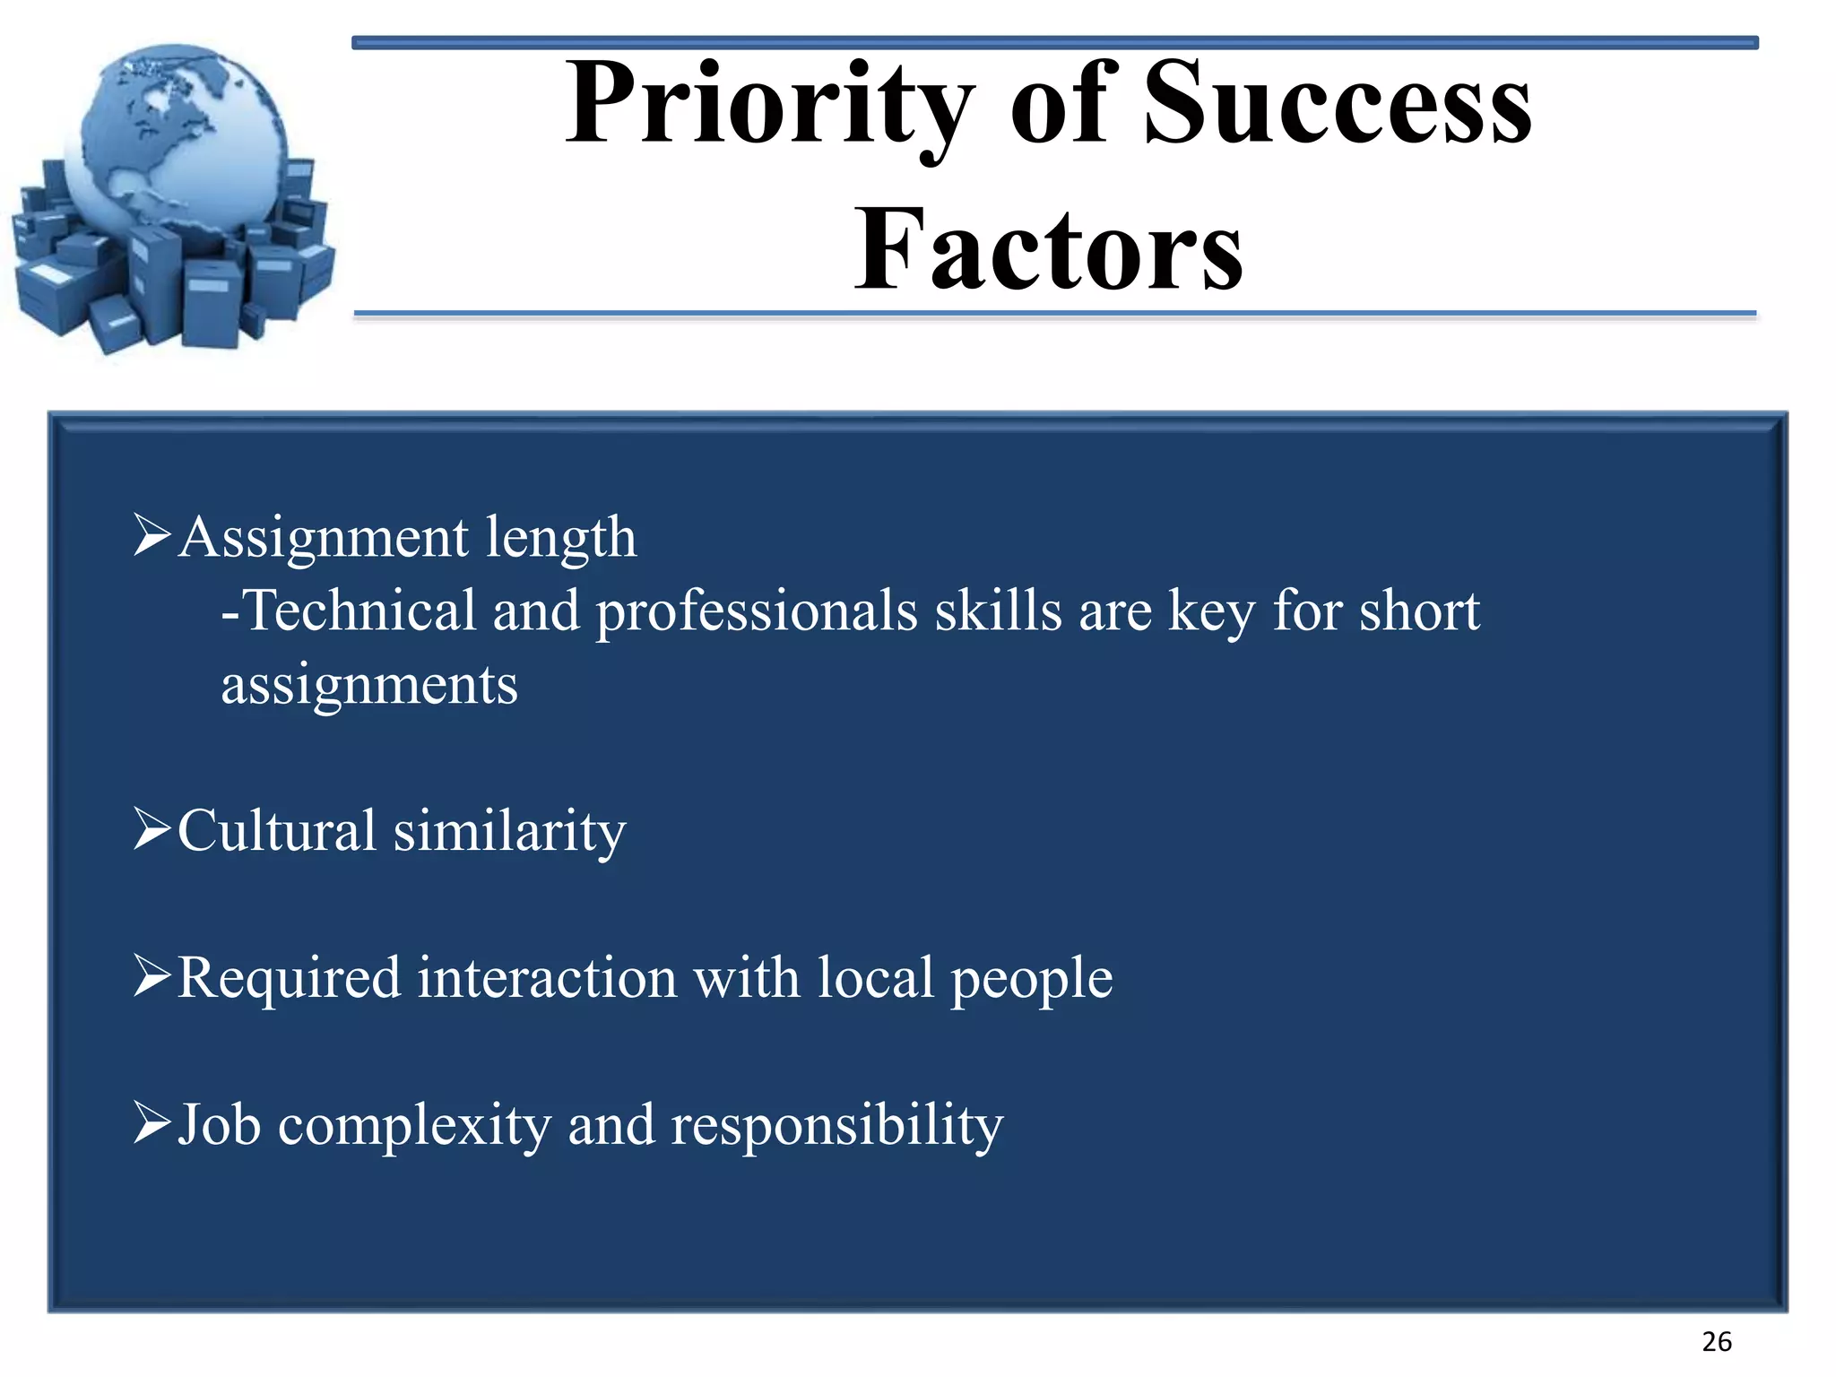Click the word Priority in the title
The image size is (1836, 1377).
click(769, 106)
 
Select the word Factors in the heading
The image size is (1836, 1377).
click(1048, 250)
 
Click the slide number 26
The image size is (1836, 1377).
click(1716, 1342)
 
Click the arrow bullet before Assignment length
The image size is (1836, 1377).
click(152, 535)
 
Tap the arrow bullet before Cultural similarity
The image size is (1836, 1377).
click(152, 828)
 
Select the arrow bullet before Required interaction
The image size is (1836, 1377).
click(152, 975)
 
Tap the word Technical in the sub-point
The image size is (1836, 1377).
click(359, 611)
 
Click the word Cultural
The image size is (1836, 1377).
click(276, 830)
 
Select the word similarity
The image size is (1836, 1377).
click(509, 832)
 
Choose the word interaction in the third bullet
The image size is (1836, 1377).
click(547, 977)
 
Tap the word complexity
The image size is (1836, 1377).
click(414, 1127)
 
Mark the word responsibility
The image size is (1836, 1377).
click(836, 1127)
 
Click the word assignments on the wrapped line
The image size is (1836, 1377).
click(369, 688)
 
